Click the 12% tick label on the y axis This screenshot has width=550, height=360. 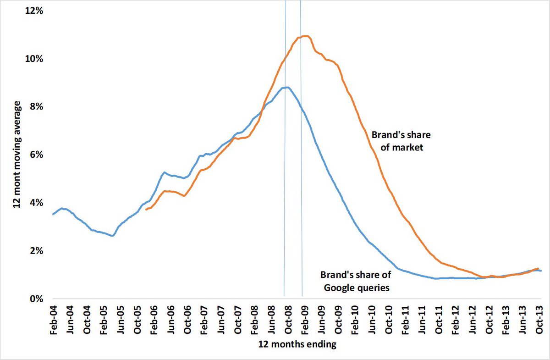point(33,11)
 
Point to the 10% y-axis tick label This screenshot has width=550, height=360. point(33,59)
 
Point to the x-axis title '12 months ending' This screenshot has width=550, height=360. point(297,344)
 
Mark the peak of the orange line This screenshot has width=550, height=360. point(306,36)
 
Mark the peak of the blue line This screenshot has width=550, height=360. point(287,87)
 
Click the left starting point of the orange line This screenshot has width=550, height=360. point(146,209)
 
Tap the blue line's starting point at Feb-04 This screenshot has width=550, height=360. point(53,214)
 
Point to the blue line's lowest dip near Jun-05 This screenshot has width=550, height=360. point(112,236)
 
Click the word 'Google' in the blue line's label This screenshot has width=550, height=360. point(340,288)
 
